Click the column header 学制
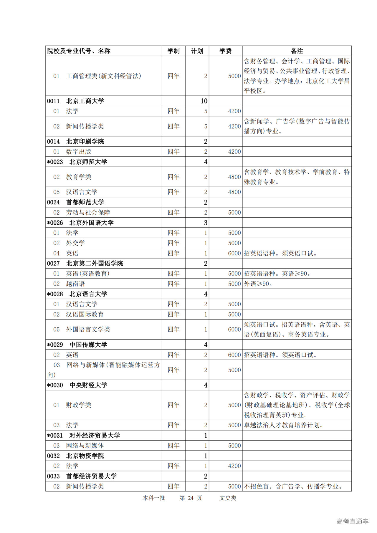tap(173, 51)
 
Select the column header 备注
tap(297, 51)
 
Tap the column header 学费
tap(225, 51)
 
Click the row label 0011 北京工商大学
tap(76, 101)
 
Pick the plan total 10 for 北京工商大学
tap(204, 101)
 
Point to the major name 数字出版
tap(79, 152)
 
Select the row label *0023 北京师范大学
tap(77, 162)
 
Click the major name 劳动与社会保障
tap(88, 212)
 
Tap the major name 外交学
tap(75, 243)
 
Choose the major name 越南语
tap(75, 284)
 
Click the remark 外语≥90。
tap(258, 284)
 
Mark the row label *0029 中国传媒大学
tap(77, 345)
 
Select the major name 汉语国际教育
tap(85, 314)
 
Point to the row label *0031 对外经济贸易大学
tap(83, 435)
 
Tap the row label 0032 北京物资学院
tap(76, 456)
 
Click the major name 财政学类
tap(79, 405)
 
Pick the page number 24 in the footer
tap(191, 498)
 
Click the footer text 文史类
tap(228, 498)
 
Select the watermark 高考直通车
tap(352, 521)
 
